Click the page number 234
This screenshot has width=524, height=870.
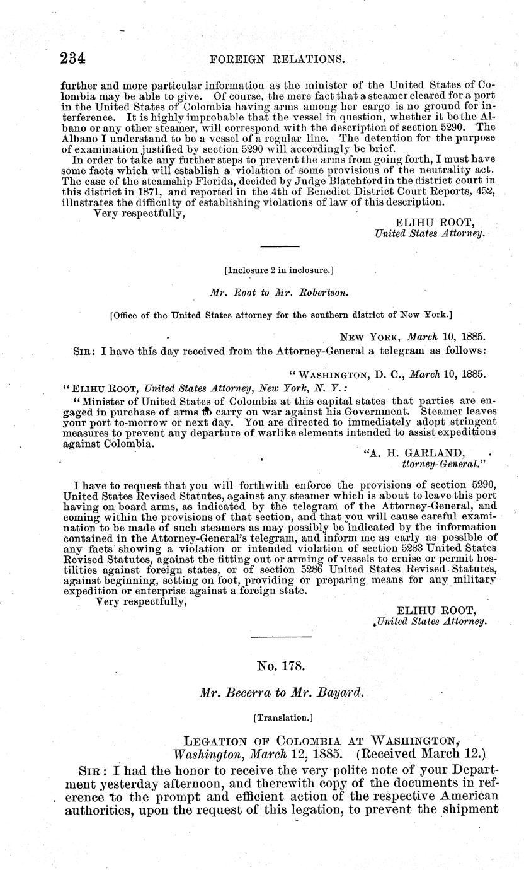click(x=72, y=59)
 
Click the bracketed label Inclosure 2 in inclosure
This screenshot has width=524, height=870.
click(x=279, y=270)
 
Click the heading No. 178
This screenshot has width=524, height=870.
click(x=278, y=665)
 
